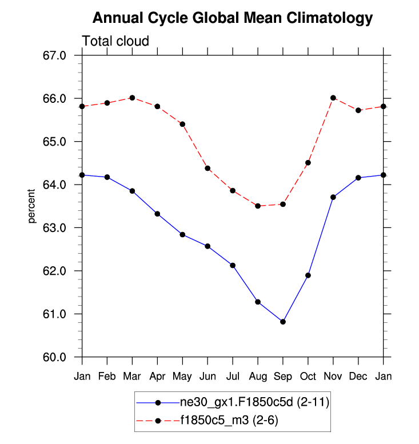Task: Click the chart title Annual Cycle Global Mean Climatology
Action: [x=232, y=18]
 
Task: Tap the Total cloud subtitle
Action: [x=115, y=41]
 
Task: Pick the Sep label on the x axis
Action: [x=283, y=376]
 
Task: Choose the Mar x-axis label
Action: [x=133, y=376]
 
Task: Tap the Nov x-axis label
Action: [x=333, y=376]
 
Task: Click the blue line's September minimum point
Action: [x=283, y=322]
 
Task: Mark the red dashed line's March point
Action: [x=133, y=98]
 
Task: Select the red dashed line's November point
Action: [x=333, y=98]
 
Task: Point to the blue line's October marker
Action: [x=308, y=275]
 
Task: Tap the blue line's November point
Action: [x=333, y=197]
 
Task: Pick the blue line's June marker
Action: [x=207, y=246]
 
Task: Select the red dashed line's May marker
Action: [x=182, y=124]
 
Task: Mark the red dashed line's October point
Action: [x=308, y=163]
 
